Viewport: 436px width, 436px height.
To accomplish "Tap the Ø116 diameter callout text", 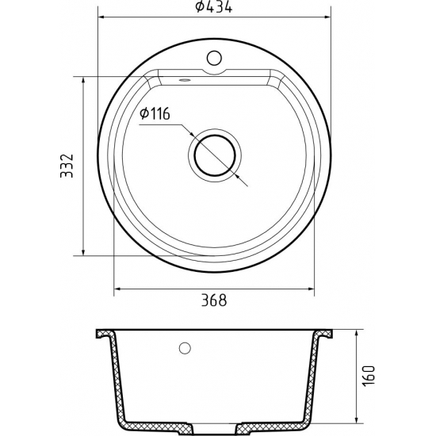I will point(155,115).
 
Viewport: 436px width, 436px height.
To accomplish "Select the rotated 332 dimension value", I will point(68,166).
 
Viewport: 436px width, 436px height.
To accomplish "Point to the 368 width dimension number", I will point(213,300).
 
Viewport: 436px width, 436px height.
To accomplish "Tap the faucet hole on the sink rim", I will point(212,57).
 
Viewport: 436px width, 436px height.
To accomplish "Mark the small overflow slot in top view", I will point(184,79).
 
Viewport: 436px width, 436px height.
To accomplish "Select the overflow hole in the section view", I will point(186,348).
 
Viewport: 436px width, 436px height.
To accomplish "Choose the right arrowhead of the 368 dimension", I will point(308,288).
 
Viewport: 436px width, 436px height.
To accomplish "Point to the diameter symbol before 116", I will point(143,115).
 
